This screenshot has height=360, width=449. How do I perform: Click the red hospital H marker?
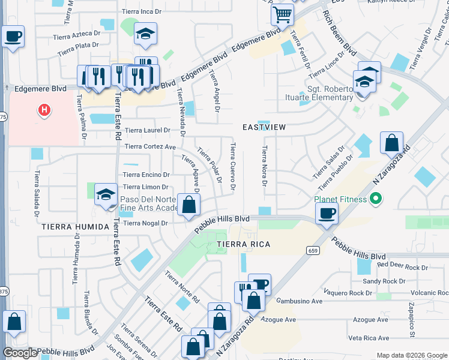(43, 110)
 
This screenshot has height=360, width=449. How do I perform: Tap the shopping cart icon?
(282, 13)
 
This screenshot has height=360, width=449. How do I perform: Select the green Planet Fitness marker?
(376, 197)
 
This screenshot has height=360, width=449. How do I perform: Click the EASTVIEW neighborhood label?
(264, 128)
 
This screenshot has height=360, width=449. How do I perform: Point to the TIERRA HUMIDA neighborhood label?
(72, 227)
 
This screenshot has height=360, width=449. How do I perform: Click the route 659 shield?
(312, 250)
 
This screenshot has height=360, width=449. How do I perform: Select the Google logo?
(20, 353)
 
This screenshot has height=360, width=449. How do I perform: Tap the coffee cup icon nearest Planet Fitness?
(327, 212)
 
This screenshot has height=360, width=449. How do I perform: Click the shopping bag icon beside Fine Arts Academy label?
(189, 205)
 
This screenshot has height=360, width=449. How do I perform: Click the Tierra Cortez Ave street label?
(150, 146)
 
